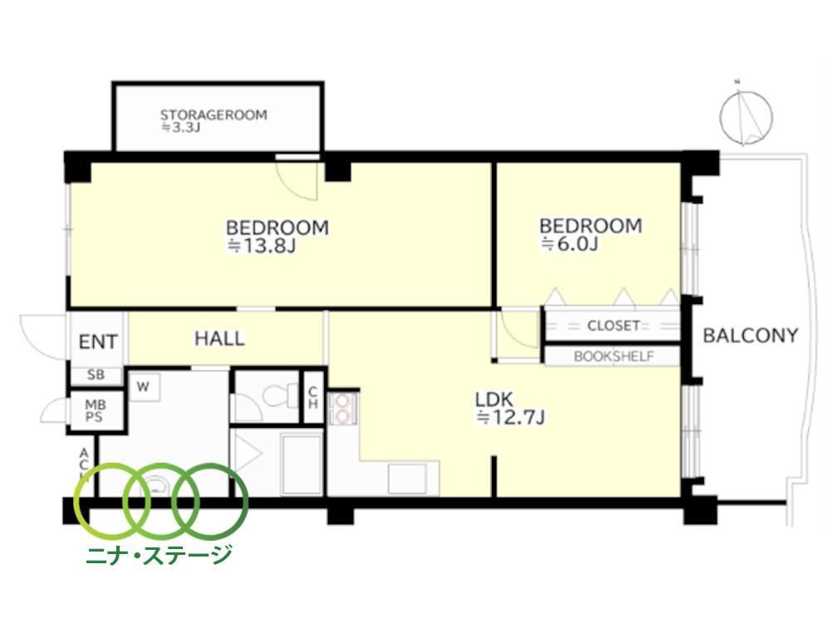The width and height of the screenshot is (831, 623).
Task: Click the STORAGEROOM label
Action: pyautogui.click(x=214, y=115)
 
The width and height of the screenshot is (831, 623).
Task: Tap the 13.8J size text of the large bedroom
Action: pyautogui.click(x=261, y=245)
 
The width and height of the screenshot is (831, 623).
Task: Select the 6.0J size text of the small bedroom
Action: pyautogui.click(x=569, y=243)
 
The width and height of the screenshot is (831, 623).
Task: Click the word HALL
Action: pyautogui.click(x=219, y=339)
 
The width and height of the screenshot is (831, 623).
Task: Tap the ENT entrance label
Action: pyautogui.click(x=98, y=341)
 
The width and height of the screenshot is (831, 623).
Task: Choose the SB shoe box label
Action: pyautogui.click(x=96, y=375)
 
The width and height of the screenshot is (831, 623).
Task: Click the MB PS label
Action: pyautogui.click(x=95, y=411)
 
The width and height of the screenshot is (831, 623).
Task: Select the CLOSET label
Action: pyautogui.click(x=613, y=326)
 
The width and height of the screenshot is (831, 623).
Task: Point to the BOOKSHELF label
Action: pyautogui.click(x=614, y=356)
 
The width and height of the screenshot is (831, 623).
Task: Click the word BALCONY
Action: pyautogui.click(x=750, y=336)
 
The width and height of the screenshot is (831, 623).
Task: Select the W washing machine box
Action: pyautogui.click(x=143, y=387)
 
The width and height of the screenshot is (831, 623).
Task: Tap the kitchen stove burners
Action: pyautogui.click(x=342, y=409)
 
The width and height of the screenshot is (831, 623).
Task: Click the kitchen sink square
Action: pyautogui.click(x=407, y=478)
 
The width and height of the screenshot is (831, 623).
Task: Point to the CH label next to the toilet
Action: pyautogui.click(x=312, y=397)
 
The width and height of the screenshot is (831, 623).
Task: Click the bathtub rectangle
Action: pyautogui.click(x=302, y=464)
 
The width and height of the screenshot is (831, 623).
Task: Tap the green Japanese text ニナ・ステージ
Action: pyautogui.click(x=159, y=554)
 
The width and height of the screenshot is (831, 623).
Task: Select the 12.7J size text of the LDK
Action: pyautogui.click(x=510, y=418)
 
